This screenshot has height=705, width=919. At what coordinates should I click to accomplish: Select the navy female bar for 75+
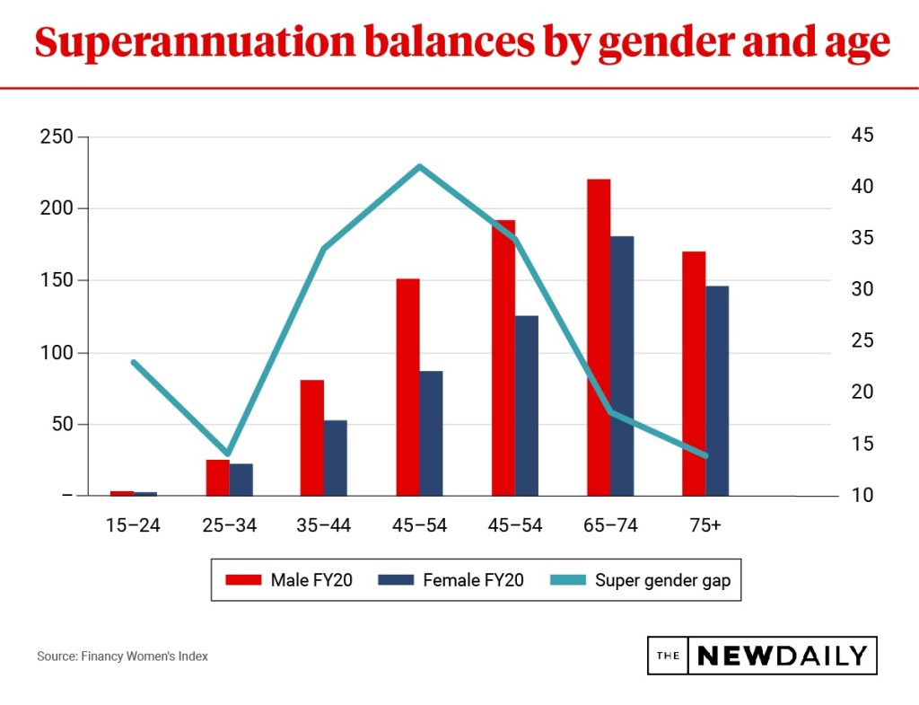(717, 391)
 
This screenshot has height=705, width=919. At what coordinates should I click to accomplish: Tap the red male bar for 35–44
(311, 437)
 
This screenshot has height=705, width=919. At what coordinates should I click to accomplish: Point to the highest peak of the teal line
(419, 166)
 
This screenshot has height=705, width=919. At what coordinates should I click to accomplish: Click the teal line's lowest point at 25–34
(228, 454)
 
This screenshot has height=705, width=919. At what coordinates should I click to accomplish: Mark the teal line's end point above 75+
(705, 455)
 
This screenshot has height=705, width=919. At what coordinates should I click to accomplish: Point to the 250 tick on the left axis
(56, 137)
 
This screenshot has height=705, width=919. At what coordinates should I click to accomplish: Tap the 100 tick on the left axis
(56, 352)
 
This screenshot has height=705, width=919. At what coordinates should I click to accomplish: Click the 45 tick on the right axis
(862, 136)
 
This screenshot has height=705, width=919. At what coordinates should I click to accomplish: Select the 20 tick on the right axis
(862, 392)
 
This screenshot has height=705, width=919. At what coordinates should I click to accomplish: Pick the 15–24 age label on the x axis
(134, 525)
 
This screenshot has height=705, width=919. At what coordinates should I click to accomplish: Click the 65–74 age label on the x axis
(609, 525)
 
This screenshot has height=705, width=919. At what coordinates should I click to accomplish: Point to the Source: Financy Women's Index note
(122, 657)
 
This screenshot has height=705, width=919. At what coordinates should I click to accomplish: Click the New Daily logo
(761, 656)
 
